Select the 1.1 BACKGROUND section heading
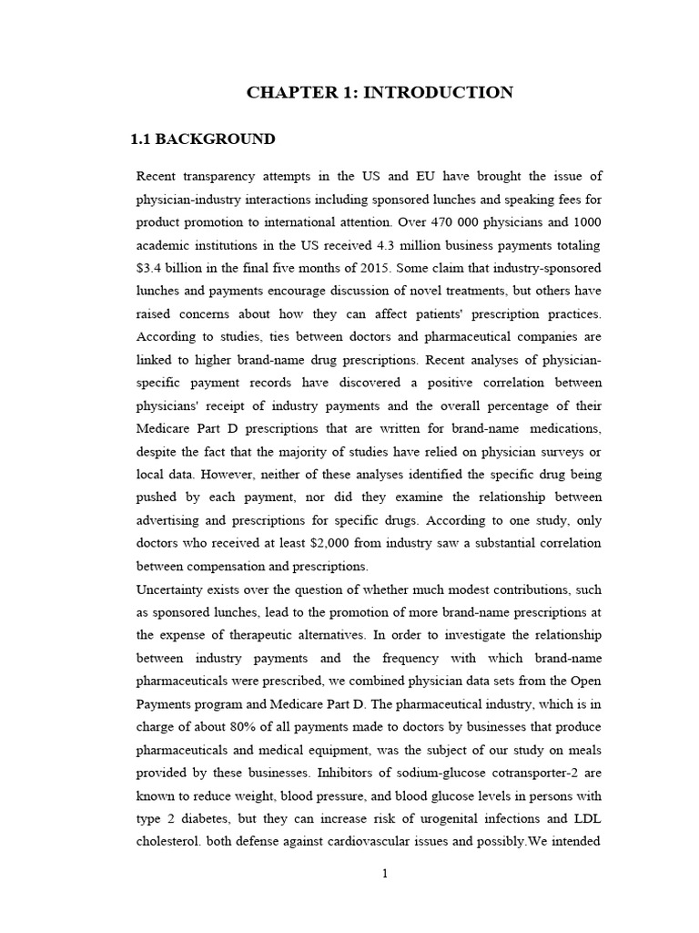tap(202, 139)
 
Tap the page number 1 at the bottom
tap(385, 874)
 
